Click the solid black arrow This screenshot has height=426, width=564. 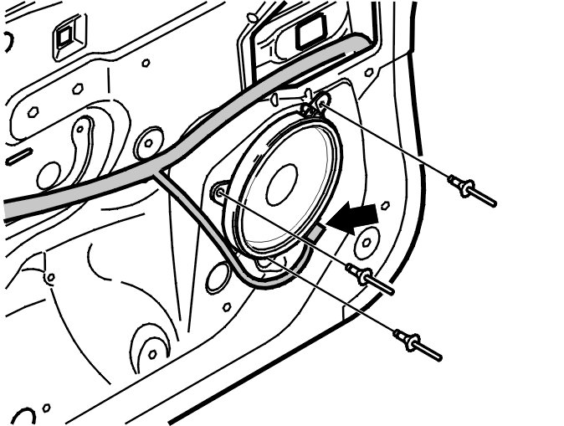coord(351,219)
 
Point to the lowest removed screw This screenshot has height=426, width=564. coord(418,344)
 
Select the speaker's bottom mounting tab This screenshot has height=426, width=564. coord(265,264)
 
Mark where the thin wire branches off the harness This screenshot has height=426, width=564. coord(157,170)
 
